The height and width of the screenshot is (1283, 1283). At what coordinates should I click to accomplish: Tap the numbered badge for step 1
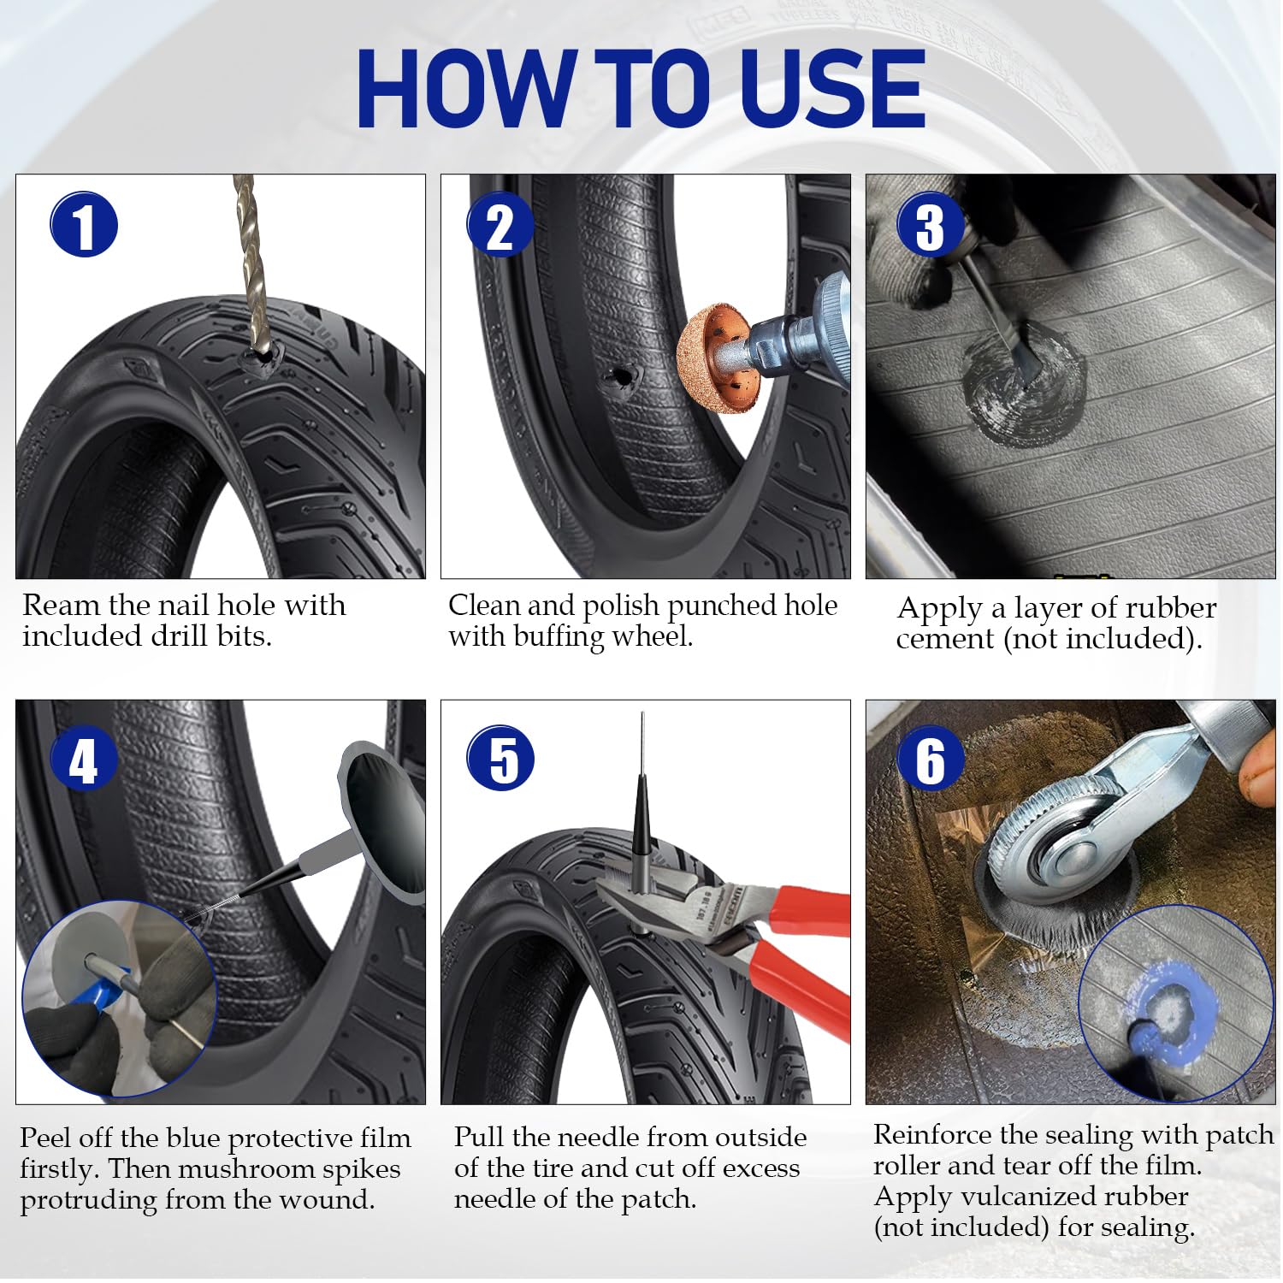(84, 224)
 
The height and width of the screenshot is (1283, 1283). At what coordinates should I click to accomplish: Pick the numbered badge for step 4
(84, 759)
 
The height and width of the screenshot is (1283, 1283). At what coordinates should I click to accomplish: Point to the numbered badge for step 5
(500, 759)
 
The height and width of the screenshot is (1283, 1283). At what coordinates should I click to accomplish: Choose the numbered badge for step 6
(931, 759)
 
